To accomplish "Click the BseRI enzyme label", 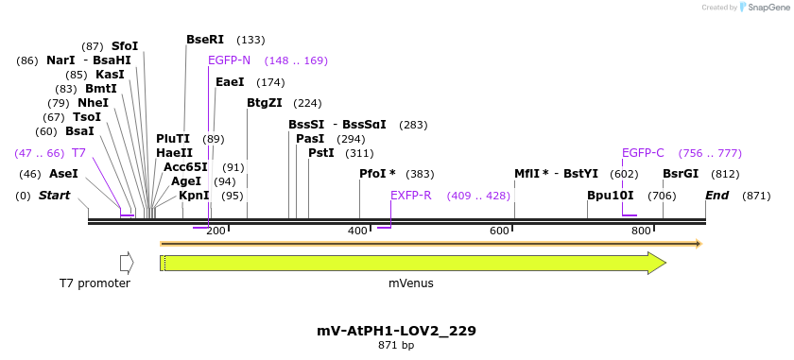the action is (205, 40).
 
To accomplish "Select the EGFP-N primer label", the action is (229, 60).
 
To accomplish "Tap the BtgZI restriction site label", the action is (264, 103).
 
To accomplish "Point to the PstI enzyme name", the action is (320, 153).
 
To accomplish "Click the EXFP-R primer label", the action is (411, 196).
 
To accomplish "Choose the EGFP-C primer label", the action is (643, 153).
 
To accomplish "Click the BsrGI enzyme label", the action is (681, 174).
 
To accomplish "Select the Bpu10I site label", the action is (611, 196).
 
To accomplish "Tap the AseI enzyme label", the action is (63, 174).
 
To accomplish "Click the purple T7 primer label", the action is (79, 153).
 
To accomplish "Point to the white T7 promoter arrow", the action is (127, 263).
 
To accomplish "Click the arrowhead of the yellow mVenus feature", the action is (657, 263).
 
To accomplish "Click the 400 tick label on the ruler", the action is (357, 231).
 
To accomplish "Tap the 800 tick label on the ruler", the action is (641, 231).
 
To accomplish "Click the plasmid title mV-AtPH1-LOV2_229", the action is (396, 331).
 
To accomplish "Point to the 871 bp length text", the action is (396, 346).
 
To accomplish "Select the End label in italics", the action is (716, 196).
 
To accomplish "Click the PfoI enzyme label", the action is (377, 174).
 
